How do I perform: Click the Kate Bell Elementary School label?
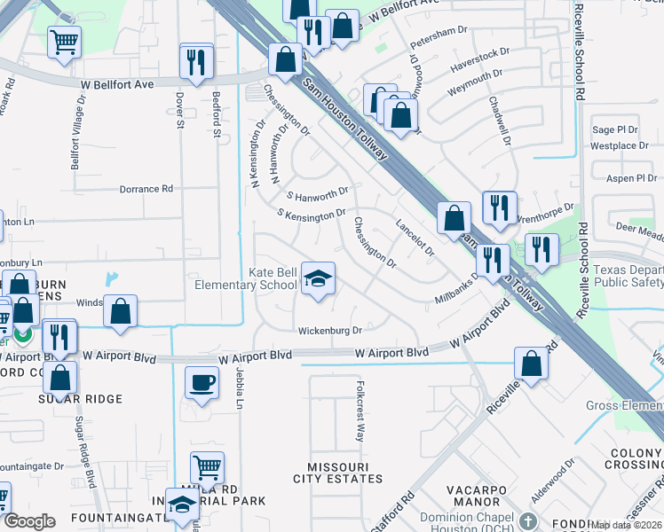[x=246, y=278]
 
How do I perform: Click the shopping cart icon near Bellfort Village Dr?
[x=64, y=41]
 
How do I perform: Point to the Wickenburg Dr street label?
[x=330, y=331]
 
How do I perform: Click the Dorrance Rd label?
[x=146, y=189]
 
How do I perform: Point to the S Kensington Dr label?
[x=311, y=214]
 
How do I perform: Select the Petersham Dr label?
[x=439, y=32]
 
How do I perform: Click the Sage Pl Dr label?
[x=614, y=129]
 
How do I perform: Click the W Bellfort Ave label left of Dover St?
[x=120, y=83]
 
